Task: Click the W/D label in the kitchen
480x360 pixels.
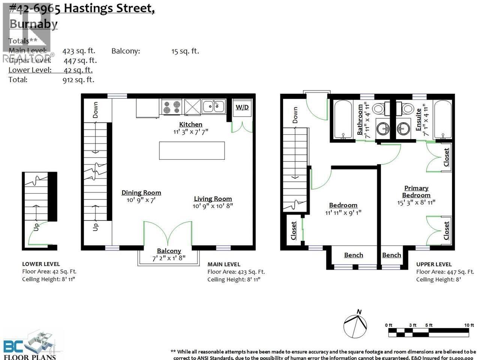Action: click(242, 108)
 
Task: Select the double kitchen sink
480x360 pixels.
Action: click(213, 106)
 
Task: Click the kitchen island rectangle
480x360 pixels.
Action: click(192, 150)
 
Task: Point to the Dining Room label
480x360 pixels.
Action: click(141, 193)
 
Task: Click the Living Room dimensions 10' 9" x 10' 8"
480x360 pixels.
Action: click(213, 206)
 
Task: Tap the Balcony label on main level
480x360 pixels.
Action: click(169, 251)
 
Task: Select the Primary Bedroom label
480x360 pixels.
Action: click(416, 192)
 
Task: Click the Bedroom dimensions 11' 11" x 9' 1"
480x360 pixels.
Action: click(343, 213)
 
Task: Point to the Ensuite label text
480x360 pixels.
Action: click(418, 120)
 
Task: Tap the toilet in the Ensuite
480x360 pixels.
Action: click(406, 109)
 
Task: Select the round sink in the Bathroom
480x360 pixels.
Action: click(383, 128)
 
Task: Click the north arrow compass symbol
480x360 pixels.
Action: click(355, 325)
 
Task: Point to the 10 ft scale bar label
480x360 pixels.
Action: click(469, 325)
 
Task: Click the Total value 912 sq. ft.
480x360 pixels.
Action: click(78, 79)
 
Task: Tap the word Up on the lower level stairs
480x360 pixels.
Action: click(36, 227)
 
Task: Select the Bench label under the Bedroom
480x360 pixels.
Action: click(353, 255)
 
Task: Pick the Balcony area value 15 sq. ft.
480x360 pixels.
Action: click(185, 51)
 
